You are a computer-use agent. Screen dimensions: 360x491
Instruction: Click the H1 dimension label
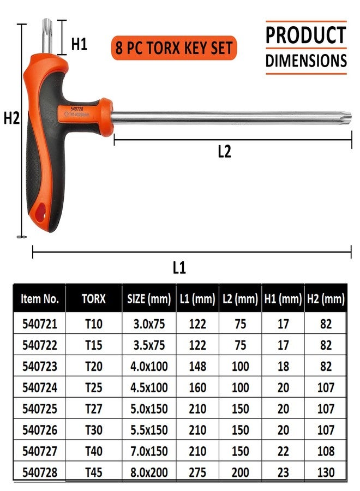point(79,44)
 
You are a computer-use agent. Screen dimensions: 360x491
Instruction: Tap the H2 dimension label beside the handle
point(11,118)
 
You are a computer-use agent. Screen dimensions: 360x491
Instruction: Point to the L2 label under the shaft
point(224,151)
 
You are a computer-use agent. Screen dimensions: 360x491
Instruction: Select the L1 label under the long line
point(179,268)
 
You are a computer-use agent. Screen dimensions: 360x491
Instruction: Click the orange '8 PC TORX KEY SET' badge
point(174,48)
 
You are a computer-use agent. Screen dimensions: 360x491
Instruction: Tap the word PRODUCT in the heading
point(306,35)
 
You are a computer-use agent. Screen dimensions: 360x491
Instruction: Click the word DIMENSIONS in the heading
point(306,61)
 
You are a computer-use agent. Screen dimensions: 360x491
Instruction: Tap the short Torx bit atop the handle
point(47,36)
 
